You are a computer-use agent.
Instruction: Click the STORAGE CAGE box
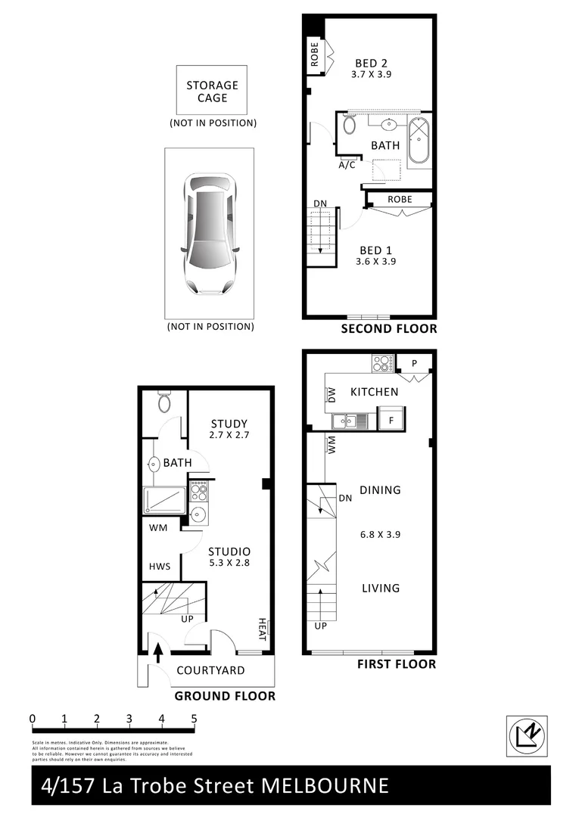tap(212, 92)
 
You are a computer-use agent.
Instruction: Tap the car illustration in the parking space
tap(210, 235)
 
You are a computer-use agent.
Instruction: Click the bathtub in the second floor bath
tap(419, 141)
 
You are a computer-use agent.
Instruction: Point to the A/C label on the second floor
tap(347, 165)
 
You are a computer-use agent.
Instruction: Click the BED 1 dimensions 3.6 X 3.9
tap(376, 262)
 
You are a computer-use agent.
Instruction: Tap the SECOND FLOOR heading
tap(388, 328)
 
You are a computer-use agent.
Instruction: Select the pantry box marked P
tap(414, 363)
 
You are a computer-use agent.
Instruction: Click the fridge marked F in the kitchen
tap(391, 418)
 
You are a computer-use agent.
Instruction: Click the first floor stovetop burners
tap(381, 363)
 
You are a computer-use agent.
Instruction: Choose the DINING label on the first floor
tap(380, 490)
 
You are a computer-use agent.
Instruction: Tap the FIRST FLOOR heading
tap(396, 664)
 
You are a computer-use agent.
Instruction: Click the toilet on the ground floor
tap(164, 402)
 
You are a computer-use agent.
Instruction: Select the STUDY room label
tap(229, 423)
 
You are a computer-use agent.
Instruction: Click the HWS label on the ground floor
tap(160, 566)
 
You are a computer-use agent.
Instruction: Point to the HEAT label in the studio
tap(263, 629)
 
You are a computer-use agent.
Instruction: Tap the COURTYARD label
tap(210, 670)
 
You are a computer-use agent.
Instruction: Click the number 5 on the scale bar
tap(195, 718)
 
